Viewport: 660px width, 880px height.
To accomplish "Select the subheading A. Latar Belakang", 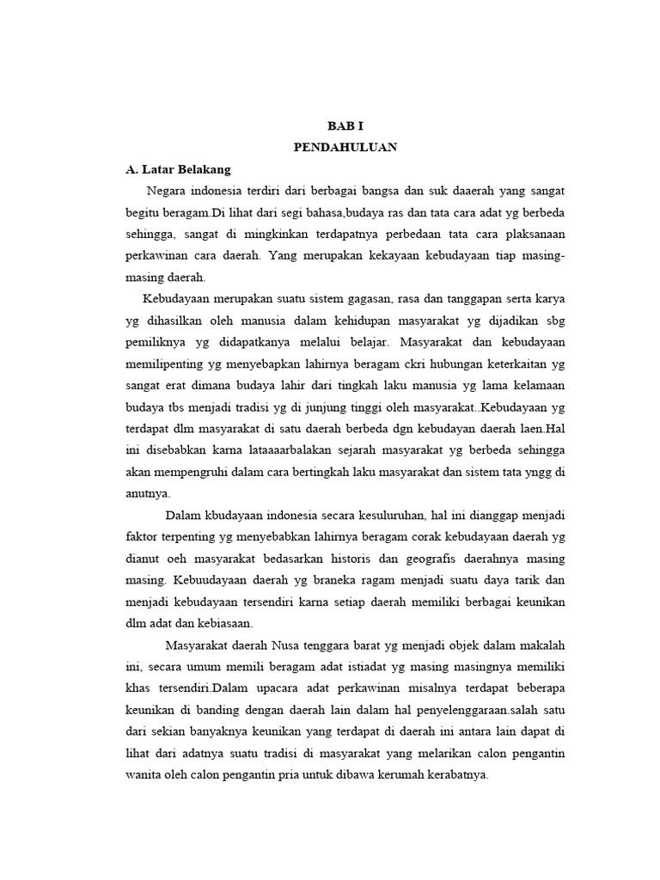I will [179, 169].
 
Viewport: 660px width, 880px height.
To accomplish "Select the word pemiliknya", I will [161, 341].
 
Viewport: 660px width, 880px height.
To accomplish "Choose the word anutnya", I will [149, 493].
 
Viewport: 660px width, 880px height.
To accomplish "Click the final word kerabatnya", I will [454, 774].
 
